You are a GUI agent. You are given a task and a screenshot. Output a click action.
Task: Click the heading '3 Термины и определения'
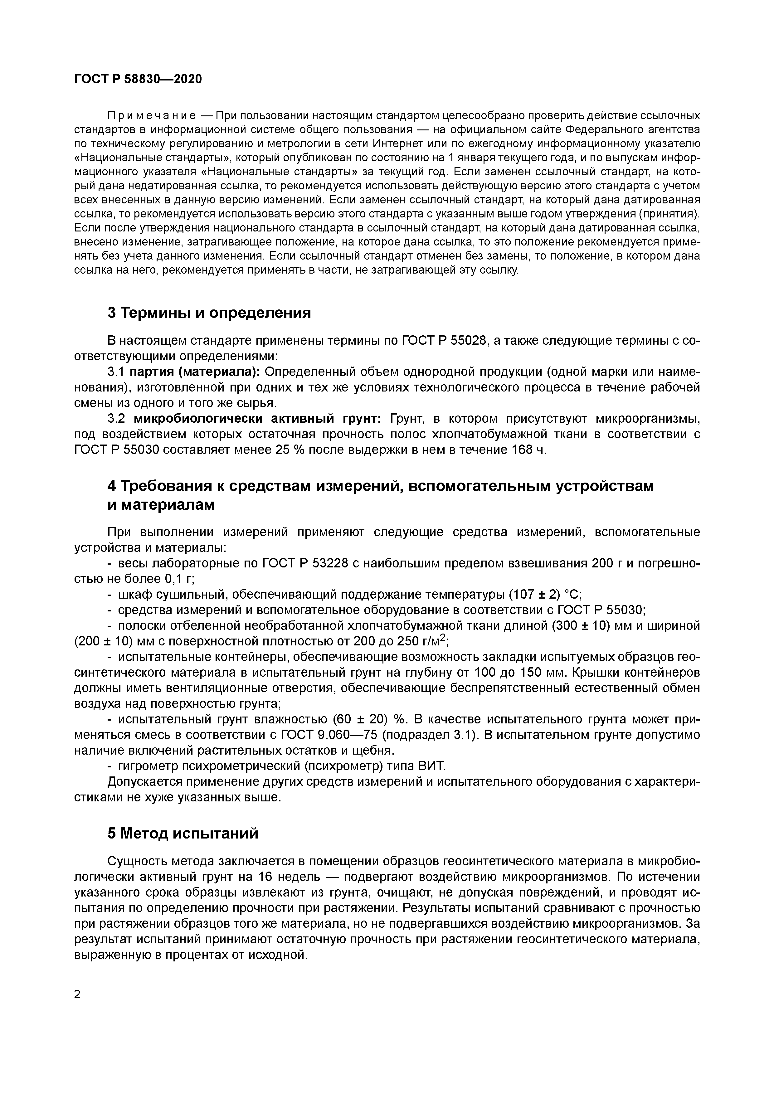tap(209, 313)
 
